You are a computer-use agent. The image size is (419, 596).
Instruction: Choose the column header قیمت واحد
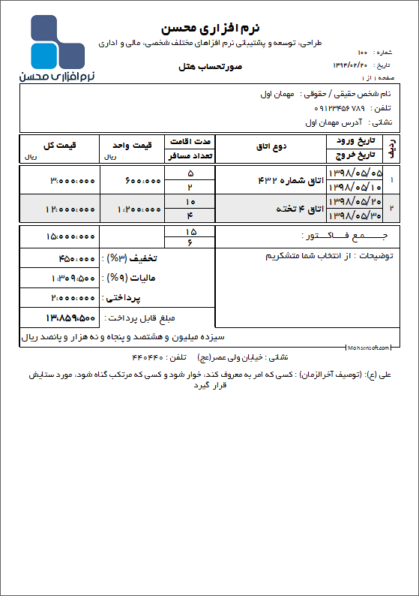pyautogui.click(x=137, y=143)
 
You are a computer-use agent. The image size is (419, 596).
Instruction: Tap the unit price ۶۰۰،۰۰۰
pyautogui.click(x=140, y=180)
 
